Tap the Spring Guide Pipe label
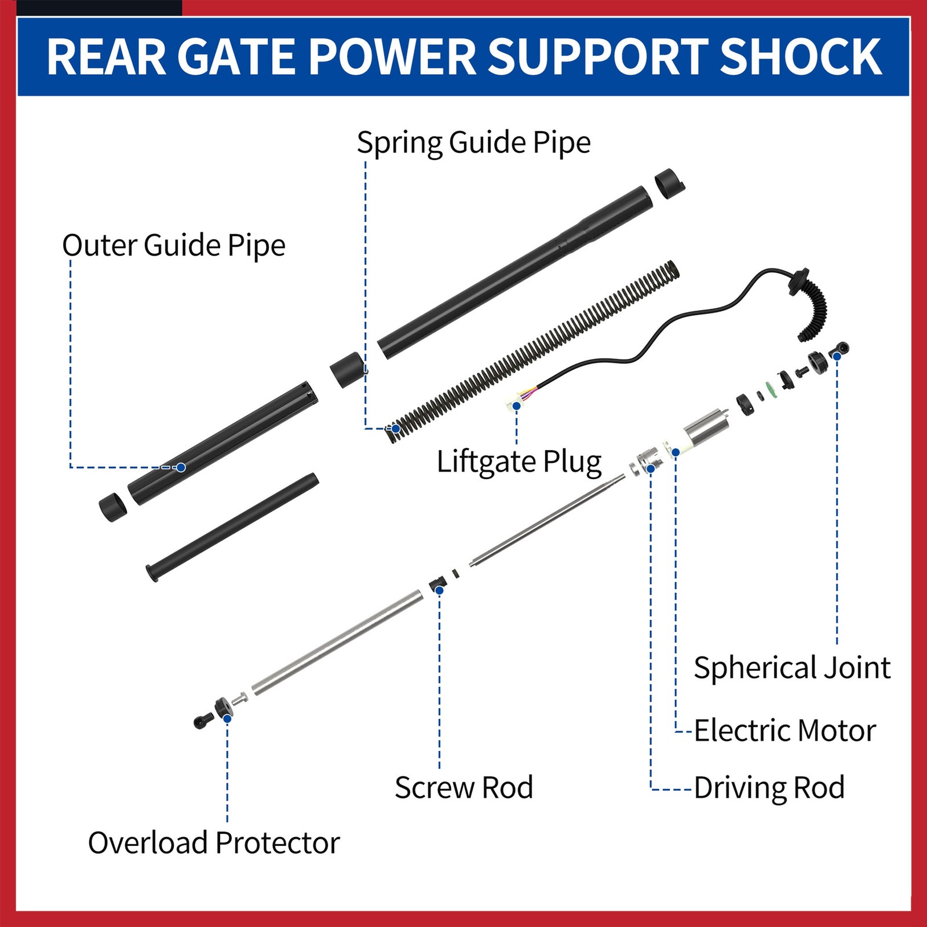(x=473, y=143)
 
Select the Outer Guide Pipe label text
(x=174, y=246)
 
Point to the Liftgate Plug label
(x=519, y=462)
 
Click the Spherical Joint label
(x=791, y=668)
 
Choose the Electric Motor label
(x=784, y=731)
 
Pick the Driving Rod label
(x=769, y=788)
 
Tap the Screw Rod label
(x=463, y=788)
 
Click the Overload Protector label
(x=213, y=843)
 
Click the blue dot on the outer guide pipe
(x=181, y=467)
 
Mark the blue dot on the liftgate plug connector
(x=516, y=406)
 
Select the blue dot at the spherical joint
(x=837, y=356)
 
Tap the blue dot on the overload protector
(x=227, y=718)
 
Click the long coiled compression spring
(x=533, y=353)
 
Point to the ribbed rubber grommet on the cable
(x=814, y=310)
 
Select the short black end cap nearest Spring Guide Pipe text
(x=669, y=184)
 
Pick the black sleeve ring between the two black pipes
(x=347, y=370)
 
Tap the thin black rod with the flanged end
(x=232, y=527)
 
